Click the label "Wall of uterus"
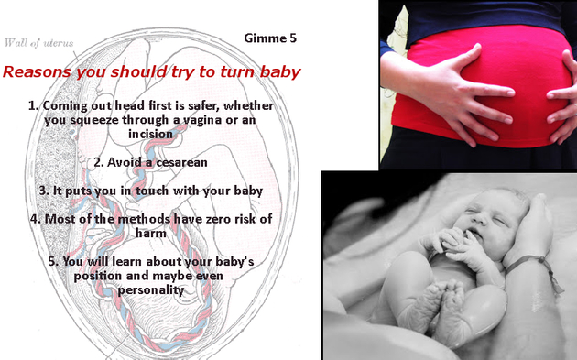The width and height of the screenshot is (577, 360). point(39,41)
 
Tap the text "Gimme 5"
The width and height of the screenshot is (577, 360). point(270,38)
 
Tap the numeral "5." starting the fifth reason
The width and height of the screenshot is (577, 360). point(54,261)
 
